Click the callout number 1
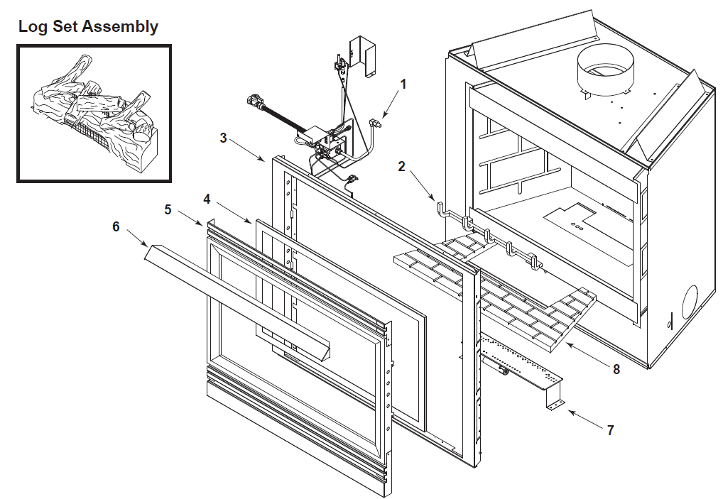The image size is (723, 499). coord(403,84)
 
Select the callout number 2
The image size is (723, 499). coord(401,167)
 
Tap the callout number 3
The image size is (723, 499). coord(223,138)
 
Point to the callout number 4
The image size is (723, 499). coord(207,199)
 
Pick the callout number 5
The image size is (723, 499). coord(168,209)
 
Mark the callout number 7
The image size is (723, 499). coord(609,429)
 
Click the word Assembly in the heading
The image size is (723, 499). coord(119,27)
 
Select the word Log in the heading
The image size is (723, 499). coord(32,27)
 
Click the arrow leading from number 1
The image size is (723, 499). coord(391,104)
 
